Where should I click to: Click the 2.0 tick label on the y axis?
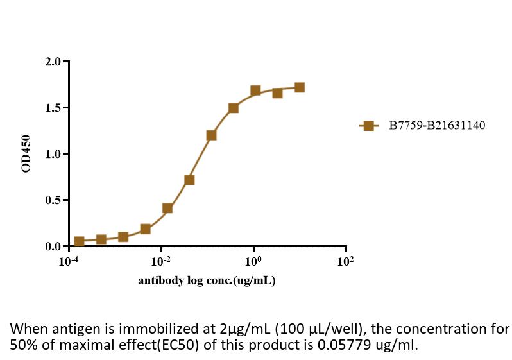point(53,62)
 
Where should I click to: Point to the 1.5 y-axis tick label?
point(53,108)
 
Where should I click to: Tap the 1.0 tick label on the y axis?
point(53,154)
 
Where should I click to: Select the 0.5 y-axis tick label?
point(53,200)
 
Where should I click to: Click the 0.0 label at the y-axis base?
point(53,246)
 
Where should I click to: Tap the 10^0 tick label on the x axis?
point(253,261)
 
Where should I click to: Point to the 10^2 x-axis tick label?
point(345,261)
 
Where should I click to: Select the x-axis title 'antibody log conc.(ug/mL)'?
point(207,280)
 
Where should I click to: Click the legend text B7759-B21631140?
point(437,126)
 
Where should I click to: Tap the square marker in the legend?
point(368,126)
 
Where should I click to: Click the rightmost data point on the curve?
point(300,87)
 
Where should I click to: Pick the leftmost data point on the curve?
point(79,241)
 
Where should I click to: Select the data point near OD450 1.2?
point(211,135)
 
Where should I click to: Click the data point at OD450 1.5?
point(234,108)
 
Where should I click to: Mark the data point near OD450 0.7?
point(189,180)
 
